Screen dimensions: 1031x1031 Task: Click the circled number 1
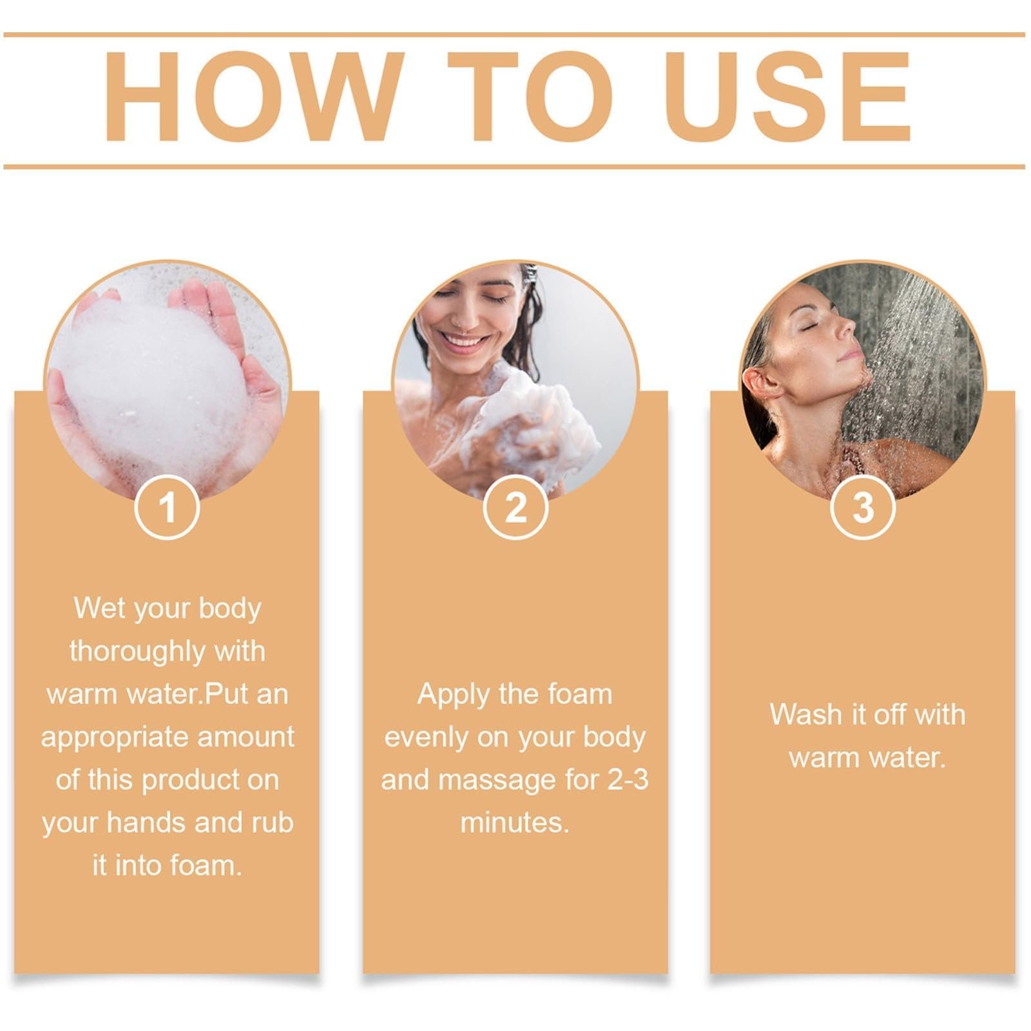(167, 507)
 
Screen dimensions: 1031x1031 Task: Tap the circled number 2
(515, 507)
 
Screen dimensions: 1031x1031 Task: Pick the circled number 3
(862, 507)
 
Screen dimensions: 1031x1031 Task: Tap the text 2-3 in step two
(627, 780)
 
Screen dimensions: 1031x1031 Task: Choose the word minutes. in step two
(515, 823)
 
